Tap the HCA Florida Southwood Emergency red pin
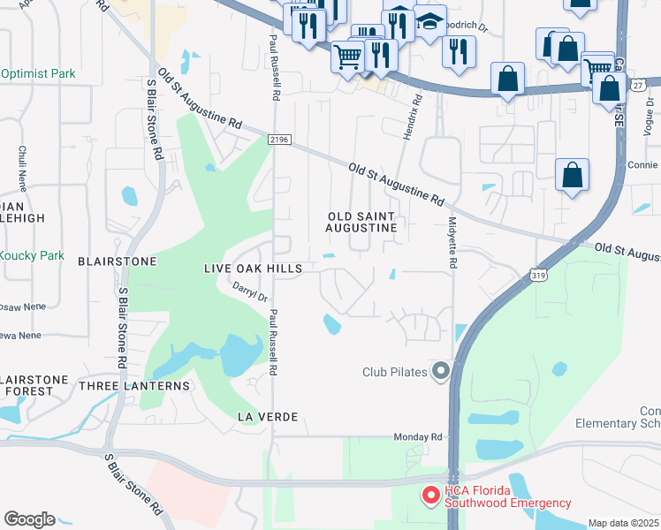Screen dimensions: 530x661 point(430,496)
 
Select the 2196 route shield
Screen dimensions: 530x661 point(279,140)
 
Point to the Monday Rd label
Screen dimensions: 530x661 point(417,437)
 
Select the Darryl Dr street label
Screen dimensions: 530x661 point(249,291)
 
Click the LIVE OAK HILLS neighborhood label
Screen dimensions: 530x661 point(253,269)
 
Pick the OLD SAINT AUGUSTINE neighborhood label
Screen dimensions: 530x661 point(361,222)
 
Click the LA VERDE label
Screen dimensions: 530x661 point(266,416)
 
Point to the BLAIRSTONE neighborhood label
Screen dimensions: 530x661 point(117,261)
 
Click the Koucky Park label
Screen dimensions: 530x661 point(32,255)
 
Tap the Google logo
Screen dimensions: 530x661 point(29,519)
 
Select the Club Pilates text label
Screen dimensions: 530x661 point(395,372)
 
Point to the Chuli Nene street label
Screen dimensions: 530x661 point(22,169)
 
